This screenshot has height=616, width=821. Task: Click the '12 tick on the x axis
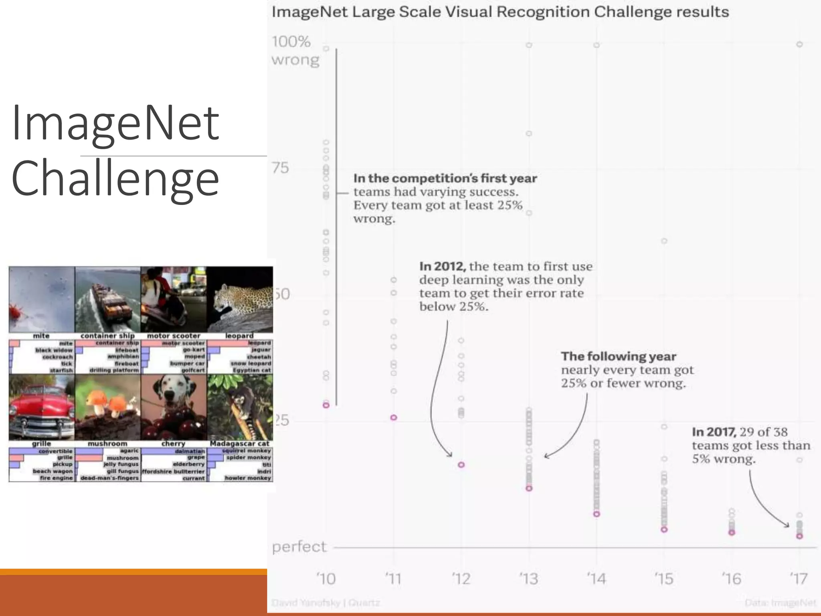pos(461,579)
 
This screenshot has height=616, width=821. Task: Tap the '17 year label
pos(799,579)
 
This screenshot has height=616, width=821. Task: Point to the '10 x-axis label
pos(326,579)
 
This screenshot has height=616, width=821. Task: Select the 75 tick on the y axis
pos(280,168)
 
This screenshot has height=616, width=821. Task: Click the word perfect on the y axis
pos(299,547)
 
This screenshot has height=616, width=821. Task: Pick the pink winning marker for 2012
pos(461,465)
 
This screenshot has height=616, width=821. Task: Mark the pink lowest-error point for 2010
pos(326,405)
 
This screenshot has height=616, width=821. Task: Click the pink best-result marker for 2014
pos(597,514)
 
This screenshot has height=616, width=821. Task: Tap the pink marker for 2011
pos(394,417)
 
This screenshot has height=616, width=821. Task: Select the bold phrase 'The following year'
pos(619,356)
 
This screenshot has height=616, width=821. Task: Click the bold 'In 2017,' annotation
pos(714,432)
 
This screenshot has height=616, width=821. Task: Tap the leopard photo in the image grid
pos(240,299)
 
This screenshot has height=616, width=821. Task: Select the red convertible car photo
pos(42,407)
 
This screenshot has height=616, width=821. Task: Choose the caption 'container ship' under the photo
pos(107,336)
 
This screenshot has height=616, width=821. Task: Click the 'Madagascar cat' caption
pos(240,444)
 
